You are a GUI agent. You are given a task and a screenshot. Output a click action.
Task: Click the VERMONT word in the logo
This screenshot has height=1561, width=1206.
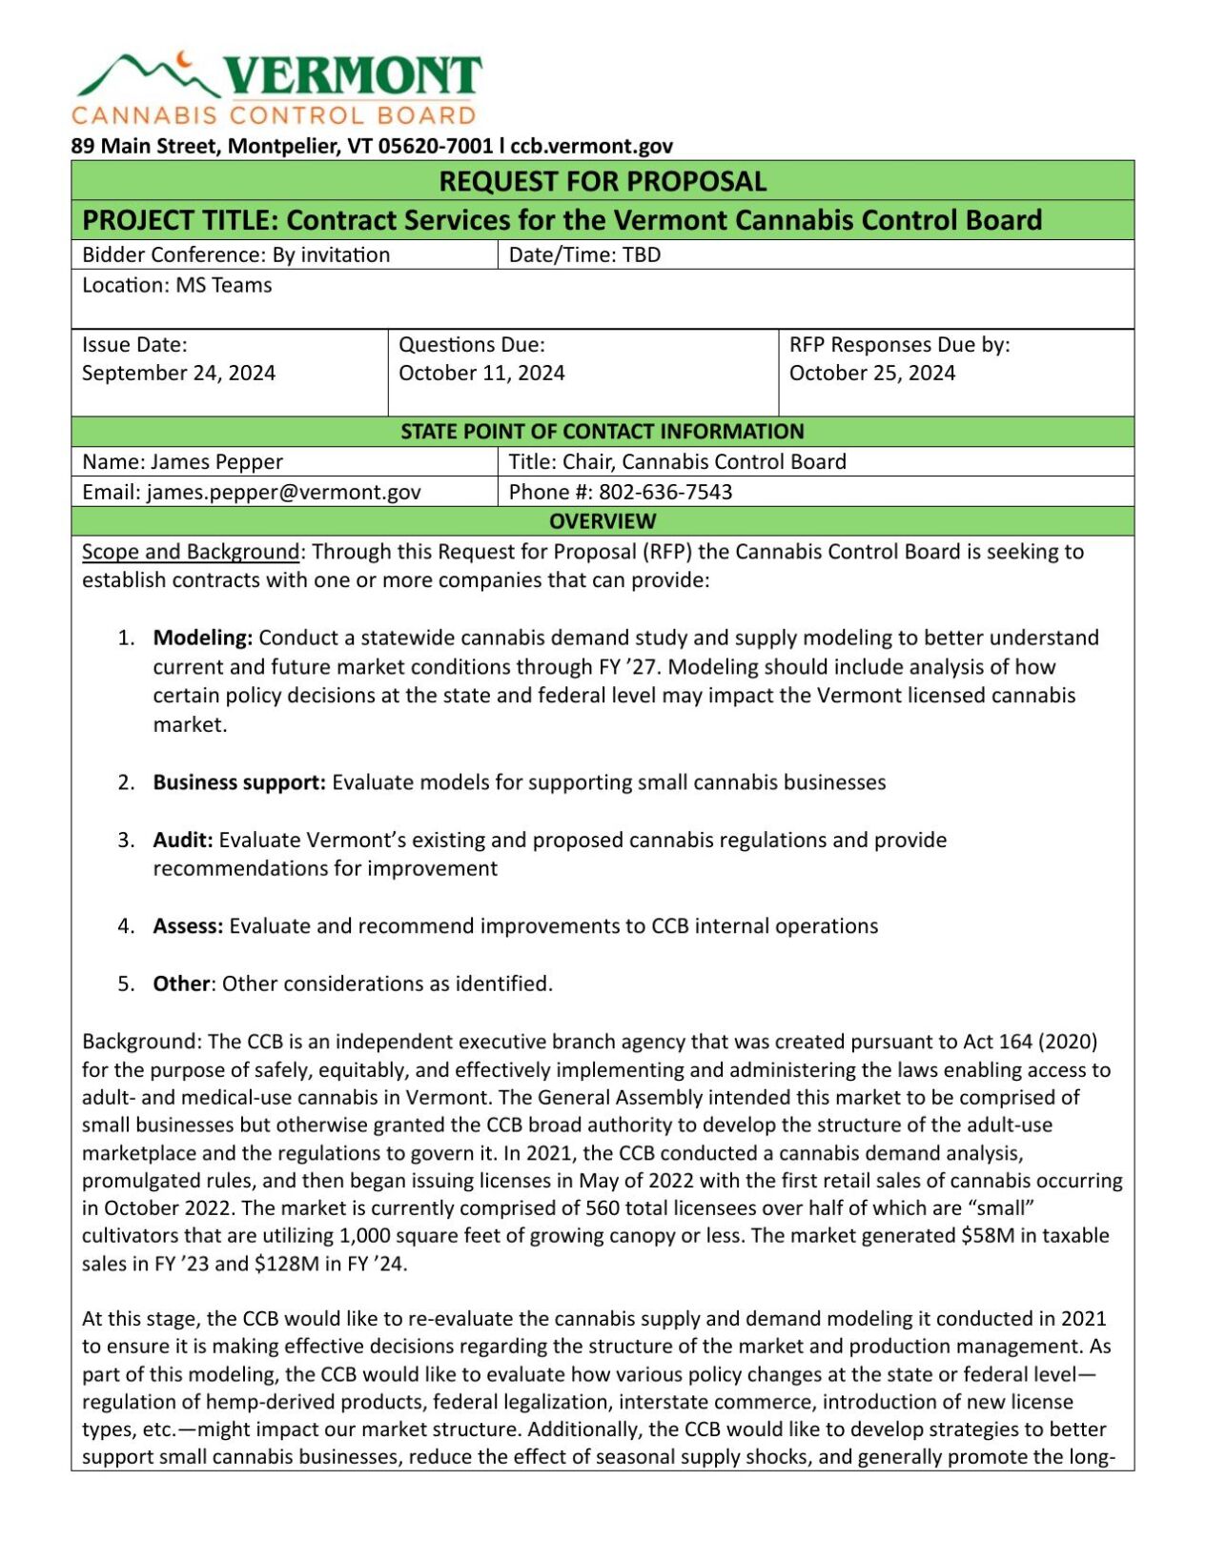coord(353,75)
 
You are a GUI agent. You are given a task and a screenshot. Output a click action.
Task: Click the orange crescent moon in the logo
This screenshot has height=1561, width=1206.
coord(184,59)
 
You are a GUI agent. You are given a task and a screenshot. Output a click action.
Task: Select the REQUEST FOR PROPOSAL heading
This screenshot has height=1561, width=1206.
coord(602,181)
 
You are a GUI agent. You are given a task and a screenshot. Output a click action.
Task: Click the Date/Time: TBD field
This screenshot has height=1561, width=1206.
coord(584,254)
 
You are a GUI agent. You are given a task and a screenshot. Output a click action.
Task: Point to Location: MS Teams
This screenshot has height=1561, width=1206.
coord(177,285)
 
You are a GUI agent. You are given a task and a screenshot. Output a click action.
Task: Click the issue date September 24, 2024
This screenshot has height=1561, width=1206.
coord(178,373)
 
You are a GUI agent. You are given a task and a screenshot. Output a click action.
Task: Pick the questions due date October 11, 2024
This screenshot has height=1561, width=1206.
coord(481,373)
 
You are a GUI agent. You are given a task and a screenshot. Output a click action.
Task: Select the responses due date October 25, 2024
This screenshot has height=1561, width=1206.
coord(871,373)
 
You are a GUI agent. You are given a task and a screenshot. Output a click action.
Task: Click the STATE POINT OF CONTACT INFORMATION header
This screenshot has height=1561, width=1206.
coord(602,431)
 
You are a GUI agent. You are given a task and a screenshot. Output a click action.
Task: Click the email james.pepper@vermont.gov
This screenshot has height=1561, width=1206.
coord(283,492)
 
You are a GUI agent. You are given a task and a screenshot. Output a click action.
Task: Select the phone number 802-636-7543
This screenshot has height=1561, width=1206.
coord(665,492)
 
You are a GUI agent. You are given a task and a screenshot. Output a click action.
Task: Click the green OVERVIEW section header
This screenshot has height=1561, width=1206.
coord(602,521)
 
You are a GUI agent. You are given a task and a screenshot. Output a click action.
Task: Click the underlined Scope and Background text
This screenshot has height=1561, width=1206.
coord(191,552)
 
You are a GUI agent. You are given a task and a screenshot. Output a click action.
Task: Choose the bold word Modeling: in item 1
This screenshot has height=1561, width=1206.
coord(202,638)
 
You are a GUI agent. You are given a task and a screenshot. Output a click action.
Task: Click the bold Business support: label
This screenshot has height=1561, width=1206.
coord(239,782)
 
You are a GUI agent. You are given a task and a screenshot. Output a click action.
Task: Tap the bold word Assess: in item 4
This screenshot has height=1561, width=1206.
coord(188,926)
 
